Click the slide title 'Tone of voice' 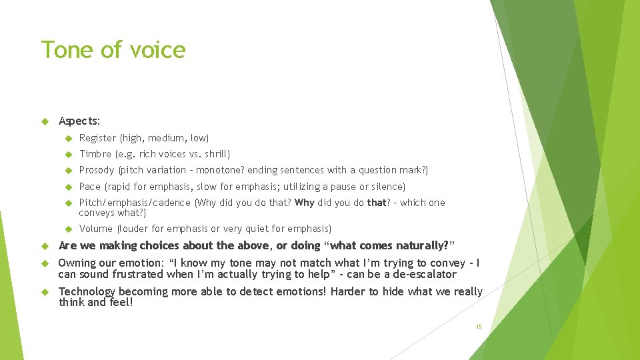point(113,50)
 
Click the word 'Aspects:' point(79,121)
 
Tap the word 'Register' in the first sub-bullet point(97,138)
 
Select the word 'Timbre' point(95,154)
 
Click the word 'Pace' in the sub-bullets point(90,187)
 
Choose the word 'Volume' point(96,229)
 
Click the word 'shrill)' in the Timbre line point(216,154)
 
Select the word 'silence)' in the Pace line point(388,187)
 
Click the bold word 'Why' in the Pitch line point(304,203)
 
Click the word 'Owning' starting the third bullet point(78,262)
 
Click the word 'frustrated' point(133,274)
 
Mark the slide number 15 point(478,327)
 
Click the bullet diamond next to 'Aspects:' point(45,121)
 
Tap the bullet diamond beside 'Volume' point(67,229)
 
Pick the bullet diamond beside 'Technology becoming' point(45,291)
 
